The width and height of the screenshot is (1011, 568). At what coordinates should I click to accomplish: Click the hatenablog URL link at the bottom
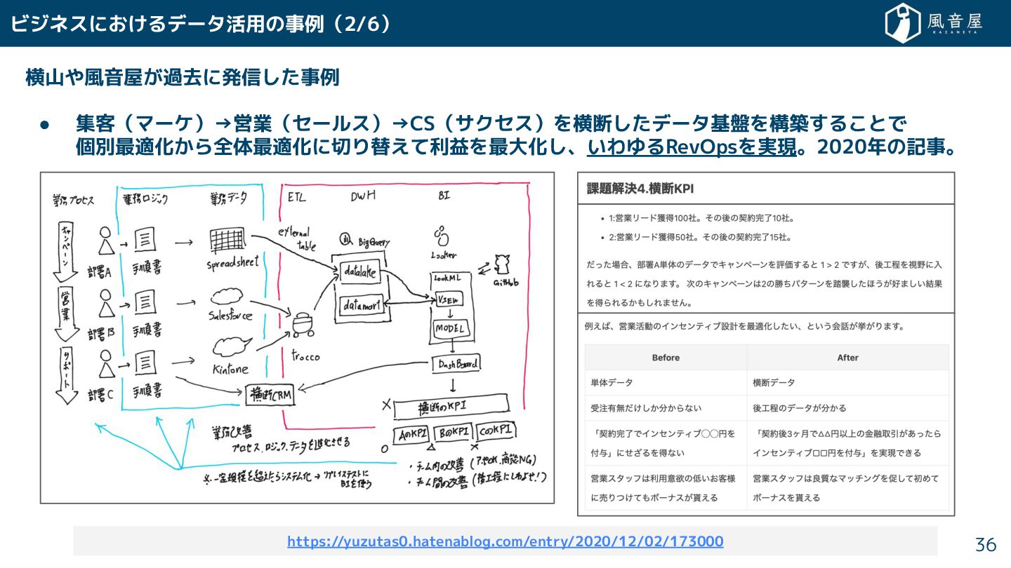point(505,541)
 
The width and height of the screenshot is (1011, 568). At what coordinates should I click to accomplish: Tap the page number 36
point(986,545)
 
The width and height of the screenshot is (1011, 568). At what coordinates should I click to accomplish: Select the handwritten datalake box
point(360,271)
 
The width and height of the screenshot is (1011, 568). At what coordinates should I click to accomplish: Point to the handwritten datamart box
point(361,306)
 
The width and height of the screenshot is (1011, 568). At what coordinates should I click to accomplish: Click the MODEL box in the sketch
point(450,328)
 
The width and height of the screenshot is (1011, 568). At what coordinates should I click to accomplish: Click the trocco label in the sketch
point(305,356)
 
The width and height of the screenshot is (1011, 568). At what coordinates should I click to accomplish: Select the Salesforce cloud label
point(230,315)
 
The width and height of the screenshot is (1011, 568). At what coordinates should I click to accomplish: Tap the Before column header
point(665,358)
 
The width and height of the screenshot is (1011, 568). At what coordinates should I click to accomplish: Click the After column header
point(847,358)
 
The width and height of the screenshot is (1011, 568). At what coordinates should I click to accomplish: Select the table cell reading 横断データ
point(774,383)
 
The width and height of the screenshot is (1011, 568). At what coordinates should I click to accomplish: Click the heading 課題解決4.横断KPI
point(640,188)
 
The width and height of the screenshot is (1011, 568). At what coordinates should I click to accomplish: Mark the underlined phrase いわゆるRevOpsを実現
point(691,149)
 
